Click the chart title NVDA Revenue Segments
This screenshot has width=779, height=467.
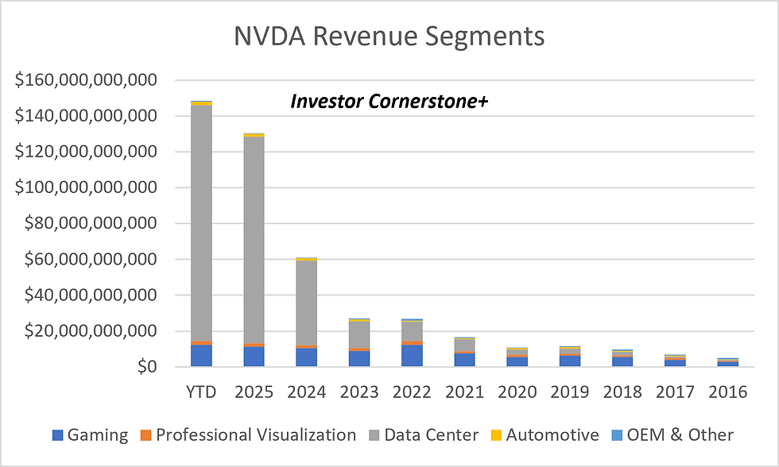coord(389,37)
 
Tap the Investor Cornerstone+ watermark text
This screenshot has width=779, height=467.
coord(389,102)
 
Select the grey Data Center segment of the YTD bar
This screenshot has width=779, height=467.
coord(201,222)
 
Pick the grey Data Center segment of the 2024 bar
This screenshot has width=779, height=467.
coord(306,302)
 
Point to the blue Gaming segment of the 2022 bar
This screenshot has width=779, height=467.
coord(411,355)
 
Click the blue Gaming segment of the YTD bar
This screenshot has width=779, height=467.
coord(201,355)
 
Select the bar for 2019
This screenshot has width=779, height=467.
coord(568,357)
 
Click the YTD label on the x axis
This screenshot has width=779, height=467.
coord(201,392)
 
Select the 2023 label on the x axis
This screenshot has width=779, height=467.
coord(358,392)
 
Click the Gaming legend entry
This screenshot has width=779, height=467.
coord(90,434)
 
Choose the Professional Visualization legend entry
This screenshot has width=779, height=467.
coord(248,434)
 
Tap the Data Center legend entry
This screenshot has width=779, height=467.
coord(423,434)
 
